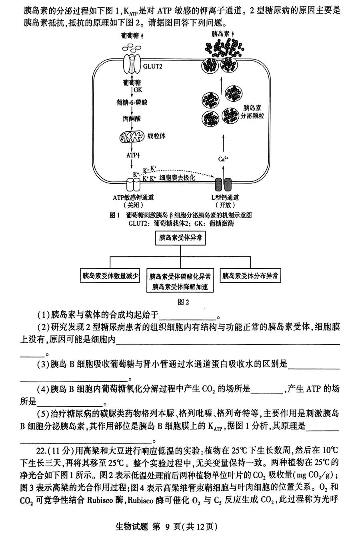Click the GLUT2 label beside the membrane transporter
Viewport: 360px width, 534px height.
[152, 66]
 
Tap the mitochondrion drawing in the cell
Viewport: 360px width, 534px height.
[130, 137]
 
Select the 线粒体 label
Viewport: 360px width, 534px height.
[157, 136]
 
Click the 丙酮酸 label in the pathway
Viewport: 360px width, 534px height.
[132, 119]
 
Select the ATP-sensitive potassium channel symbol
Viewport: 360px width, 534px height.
[132, 185]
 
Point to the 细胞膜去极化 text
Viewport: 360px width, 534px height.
[177, 177]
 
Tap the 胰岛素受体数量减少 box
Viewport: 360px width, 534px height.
[110, 275]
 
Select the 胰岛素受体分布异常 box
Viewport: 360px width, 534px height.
[250, 275]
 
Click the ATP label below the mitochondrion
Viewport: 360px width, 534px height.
[132, 155]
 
